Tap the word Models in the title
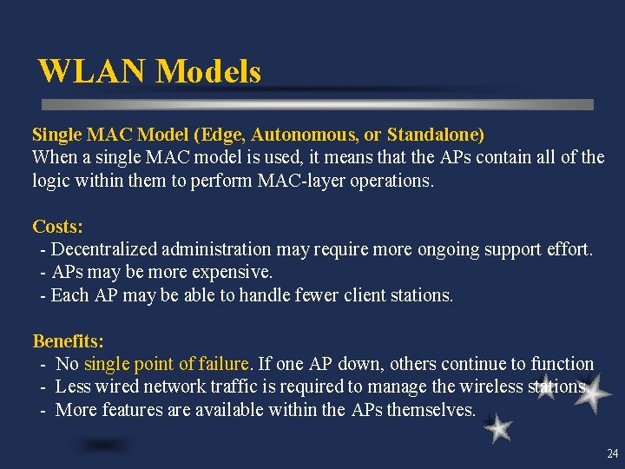(x=208, y=71)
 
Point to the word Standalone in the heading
(x=435, y=135)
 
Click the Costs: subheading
(x=57, y=227)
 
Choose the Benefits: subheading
(x=68, y=341)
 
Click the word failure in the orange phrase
(x=224, y=364)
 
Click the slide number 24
(x=612, y=453)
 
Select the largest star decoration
(x=592, y=396)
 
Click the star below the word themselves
(x=498, y=428)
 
